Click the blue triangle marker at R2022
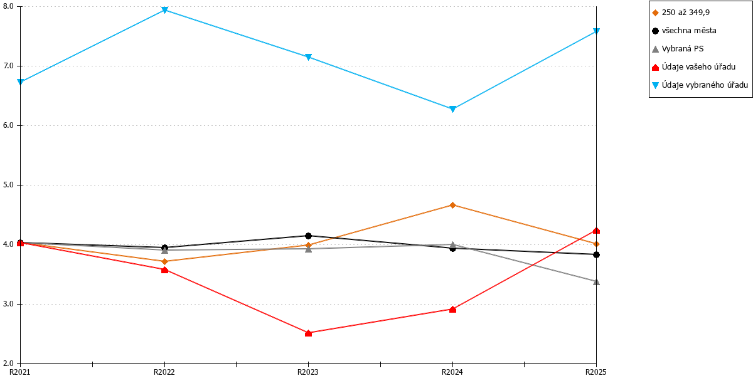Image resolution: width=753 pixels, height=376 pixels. coord(164,10)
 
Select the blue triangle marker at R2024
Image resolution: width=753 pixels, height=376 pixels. coord(452,109)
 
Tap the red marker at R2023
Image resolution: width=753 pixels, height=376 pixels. coord(309,333)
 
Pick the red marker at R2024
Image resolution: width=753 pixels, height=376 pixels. coord(452,309)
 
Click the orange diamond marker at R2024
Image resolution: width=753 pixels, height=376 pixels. coord(452,205)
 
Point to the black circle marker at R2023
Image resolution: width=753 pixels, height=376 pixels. coord(308,236)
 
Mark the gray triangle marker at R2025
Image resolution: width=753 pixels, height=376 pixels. coord(596,281)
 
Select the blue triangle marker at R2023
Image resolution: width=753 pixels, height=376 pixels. coord(308,57)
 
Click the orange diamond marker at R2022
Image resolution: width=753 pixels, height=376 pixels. coord(164,261)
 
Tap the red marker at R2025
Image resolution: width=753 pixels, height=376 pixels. coord(596,231)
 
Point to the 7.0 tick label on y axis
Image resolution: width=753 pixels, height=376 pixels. coord(8,66)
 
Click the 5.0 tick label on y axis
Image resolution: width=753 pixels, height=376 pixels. coord(8,185)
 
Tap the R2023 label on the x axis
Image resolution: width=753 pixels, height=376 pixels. coord(308,372)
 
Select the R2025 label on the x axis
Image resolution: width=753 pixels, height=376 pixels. coord(596,372)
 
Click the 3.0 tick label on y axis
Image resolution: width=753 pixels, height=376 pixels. coord(8,304)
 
